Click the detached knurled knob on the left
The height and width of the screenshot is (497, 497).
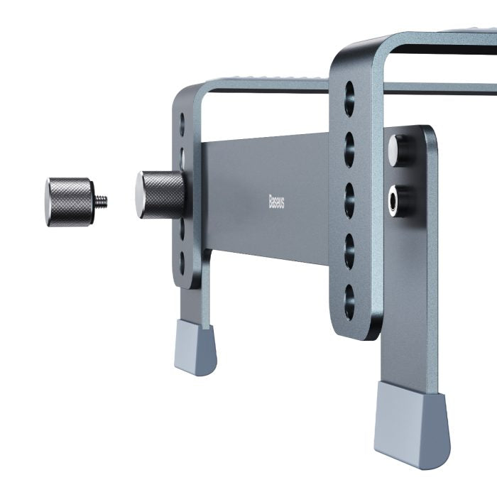click(70, 202)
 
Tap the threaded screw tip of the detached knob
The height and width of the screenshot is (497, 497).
click(102, 201)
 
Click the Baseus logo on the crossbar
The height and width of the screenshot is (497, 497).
click(276, 202)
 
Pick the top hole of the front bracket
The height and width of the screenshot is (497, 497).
click(349, 98)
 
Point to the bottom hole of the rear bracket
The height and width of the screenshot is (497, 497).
click(182, 262)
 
